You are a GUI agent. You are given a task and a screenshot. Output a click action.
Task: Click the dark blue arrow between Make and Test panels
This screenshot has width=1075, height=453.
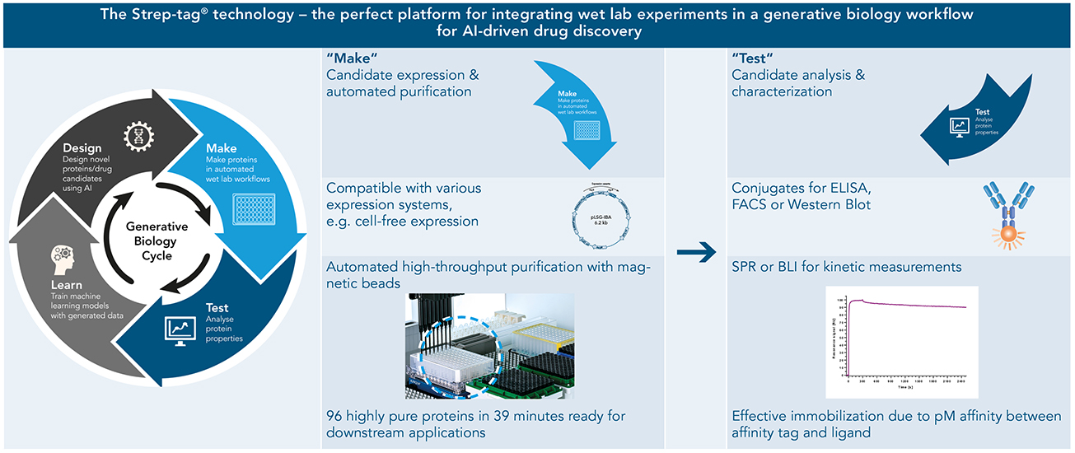[694, 256]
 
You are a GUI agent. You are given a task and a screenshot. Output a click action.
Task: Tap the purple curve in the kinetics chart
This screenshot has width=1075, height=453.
[906, 305]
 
